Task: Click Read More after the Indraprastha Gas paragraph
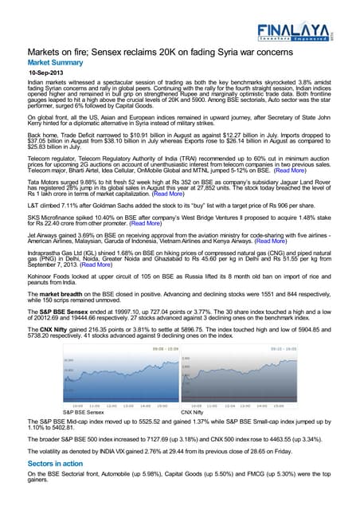click(105, 267)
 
